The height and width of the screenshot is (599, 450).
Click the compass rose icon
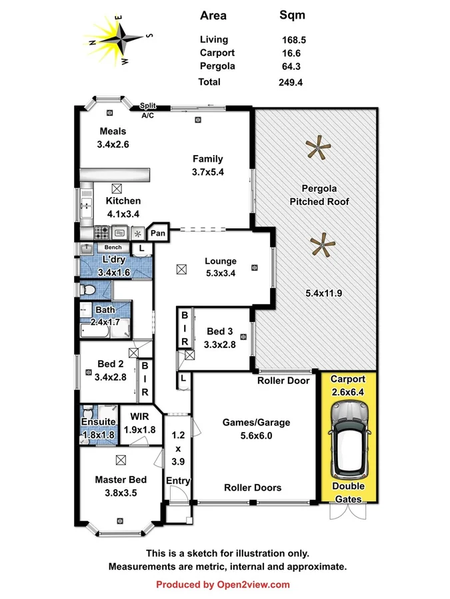[118, 39]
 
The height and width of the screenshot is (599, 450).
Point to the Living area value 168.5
[293, 40]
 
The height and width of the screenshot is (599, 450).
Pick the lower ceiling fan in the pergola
[323, 246]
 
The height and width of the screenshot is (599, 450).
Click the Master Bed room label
[120, 479]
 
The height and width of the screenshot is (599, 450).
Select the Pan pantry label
[157, 233]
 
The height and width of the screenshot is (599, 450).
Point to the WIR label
[139, 417]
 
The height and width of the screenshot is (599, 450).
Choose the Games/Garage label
[257, 422]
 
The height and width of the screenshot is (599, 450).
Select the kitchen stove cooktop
[102, 233]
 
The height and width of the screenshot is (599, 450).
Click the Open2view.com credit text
[223, 584]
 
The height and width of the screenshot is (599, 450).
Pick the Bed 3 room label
[220, 331]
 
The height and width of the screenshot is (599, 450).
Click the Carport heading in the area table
[217, 53]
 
